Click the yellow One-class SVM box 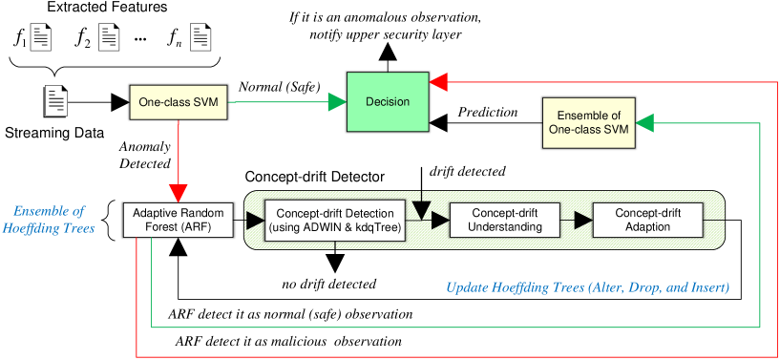coord(179,103)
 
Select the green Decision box coord(388,102)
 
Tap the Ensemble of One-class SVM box coord(589,122)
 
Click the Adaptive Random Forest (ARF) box coord(179,220)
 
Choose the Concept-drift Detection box coord(335,221)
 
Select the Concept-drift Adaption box coord(647,221)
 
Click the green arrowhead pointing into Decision coord(337,102)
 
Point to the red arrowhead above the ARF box coord(179,188)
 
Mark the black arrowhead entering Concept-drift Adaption coord(584,221)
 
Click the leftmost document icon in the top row coord(41,37)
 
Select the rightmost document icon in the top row coord(200,37)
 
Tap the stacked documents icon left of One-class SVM coord(54,102)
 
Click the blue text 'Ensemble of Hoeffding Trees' coord(53,220)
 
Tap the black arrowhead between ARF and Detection coord(256,221)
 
